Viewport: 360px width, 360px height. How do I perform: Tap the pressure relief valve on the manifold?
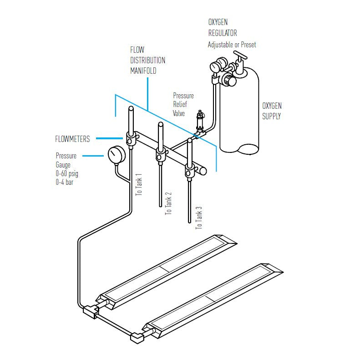[x=200, y=121]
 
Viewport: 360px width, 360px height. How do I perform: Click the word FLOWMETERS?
[x=72, y=139]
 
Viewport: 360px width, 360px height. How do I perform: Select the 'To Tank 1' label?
[x=139, y=185]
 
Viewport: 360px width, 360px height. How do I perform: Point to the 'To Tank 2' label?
[x=168, y=203]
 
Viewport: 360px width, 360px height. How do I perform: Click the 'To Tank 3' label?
[x=199, y=218]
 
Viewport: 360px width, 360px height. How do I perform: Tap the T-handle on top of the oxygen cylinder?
[x=240, y=55]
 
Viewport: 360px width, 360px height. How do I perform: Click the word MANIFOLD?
[x=143, y=71]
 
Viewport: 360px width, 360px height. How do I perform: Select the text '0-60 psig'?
[x=67, y=173]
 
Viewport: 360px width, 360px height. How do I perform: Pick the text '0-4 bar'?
[x=65, y=183]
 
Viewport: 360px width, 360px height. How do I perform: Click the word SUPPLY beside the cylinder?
[x=271, y=116]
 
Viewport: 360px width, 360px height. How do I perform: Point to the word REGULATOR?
[x=223, y=33]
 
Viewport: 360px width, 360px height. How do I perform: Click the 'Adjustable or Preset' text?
[x=232, y=45]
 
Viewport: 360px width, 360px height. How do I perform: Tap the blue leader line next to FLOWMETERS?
[x=109, y=138]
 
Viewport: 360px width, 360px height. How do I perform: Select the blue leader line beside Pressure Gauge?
[x=93, y=156]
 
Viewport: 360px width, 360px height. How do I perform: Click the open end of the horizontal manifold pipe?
[x=203, y=171]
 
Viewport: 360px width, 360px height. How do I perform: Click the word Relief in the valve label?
[x=180, y=105]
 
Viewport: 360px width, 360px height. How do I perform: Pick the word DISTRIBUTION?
[x=147, y=61]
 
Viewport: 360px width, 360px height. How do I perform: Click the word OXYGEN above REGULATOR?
[x=218, y=22]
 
